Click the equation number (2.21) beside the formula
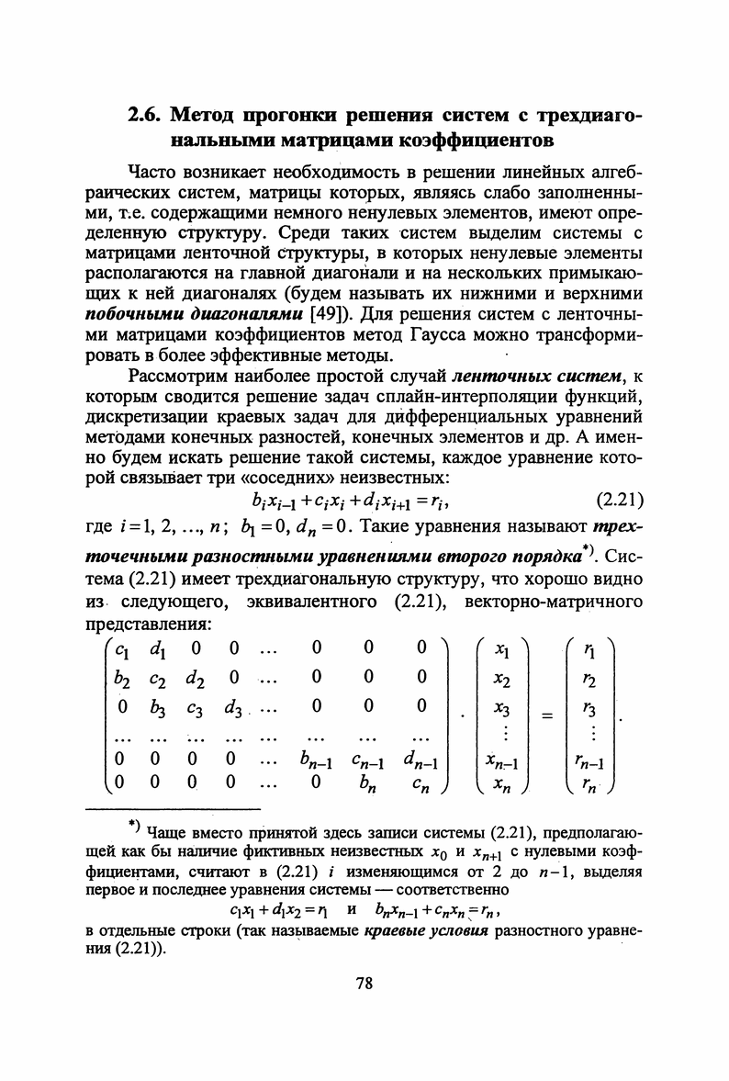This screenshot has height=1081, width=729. (619, 501)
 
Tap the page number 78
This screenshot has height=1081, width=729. (364, 984)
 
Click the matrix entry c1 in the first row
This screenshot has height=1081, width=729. (119, 649)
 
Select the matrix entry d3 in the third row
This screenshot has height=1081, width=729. (232, 709)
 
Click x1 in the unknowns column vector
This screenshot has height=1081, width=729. (502, 649)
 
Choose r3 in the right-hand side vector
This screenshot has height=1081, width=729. (589, 709)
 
